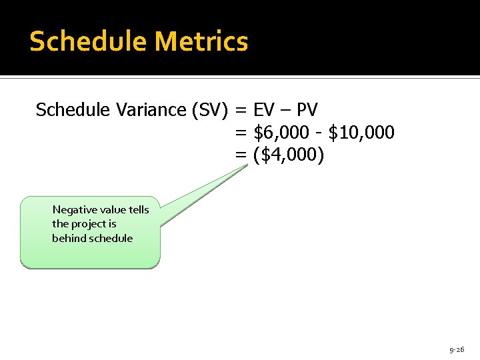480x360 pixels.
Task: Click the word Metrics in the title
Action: click(x=201, y=41)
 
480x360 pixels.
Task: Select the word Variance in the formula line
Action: click(x=157, y=109)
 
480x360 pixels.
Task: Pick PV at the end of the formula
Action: click(x=307, y=109)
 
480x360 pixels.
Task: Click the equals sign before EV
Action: click(x=241, y=110)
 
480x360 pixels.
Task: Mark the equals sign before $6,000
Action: click(x=241, y=133)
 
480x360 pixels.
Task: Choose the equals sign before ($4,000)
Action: click(x=241, y=156)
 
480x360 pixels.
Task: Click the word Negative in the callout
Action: click(x=75, y=210)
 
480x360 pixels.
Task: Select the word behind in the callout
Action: click(x=67, y=239)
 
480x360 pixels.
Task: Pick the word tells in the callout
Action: click(x=139, y=210)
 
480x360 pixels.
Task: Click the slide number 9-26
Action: click(x=457, y=349)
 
